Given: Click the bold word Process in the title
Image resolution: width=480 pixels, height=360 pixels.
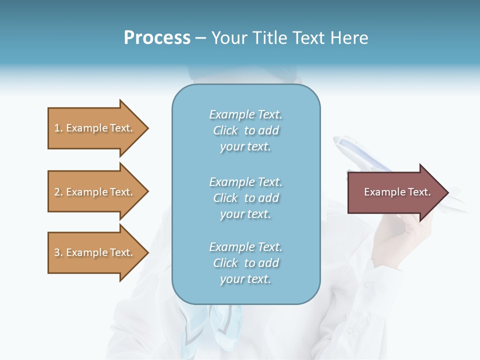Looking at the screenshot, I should click(x=157, y=38).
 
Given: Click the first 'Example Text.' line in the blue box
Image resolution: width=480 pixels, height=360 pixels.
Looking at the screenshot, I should click(x=245, y=114).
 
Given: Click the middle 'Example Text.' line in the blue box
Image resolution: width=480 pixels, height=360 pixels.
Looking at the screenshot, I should click(x=245, y=182).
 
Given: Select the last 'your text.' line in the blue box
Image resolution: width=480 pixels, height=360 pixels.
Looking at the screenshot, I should click(x=245, y=279).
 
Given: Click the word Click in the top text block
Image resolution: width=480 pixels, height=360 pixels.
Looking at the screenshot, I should click(x=225, y=130).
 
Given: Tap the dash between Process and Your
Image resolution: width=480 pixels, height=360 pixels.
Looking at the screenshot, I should click(x=200, y=38).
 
